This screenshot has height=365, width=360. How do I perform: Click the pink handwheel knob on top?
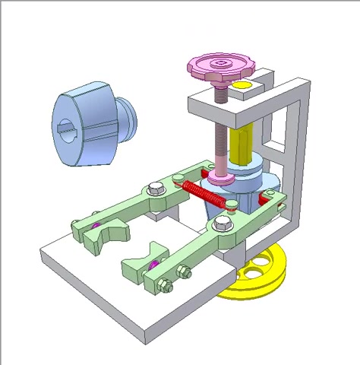[x=219, y=68]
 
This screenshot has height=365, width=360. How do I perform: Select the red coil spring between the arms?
[x=205, y=195]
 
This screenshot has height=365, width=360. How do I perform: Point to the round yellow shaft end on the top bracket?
[x=242, y=85]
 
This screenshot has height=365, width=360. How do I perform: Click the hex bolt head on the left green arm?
[x=156, y=187]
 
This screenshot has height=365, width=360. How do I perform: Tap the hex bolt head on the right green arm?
[x=223, y=223]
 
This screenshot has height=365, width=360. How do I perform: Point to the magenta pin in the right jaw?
[x=153, y=264]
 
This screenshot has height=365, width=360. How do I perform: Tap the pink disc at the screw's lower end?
[x=222, y=179]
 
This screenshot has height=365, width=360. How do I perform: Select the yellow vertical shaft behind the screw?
[x=242, y=144]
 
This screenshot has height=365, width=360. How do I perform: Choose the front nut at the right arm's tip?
[x=164, y=285]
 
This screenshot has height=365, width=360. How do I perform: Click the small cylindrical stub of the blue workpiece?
[x=130, y=118]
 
